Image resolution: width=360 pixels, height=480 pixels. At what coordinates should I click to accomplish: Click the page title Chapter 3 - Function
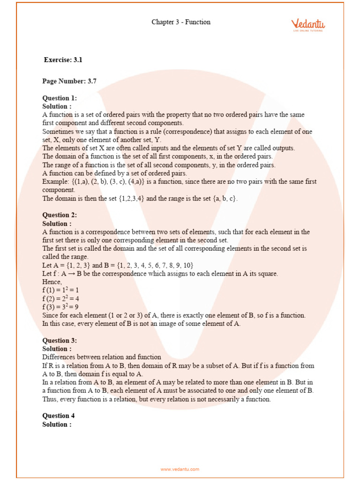(x=181, y=22)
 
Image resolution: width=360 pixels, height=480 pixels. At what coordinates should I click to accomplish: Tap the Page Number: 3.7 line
(x=69, y=81)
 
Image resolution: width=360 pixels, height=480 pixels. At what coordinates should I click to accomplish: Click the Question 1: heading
(x=60, y=98)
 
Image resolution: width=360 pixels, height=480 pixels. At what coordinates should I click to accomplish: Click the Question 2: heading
(x=60, y=215)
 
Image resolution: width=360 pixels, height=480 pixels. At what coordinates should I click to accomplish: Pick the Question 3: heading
(x=60, y=340)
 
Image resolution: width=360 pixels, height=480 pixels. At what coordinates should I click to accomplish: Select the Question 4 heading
(x=59, y=416)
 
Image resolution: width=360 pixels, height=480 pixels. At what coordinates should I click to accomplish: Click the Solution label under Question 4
(x=57, y=424)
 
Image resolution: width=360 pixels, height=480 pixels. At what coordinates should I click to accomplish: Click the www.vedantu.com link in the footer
(x=180, y=469)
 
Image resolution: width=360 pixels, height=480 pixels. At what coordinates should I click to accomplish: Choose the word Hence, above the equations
(x=52, y=282)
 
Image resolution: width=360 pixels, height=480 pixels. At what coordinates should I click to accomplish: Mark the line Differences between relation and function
(x=102, y=357)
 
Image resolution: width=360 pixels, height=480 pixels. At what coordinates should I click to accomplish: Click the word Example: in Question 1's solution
(x=56, y=181)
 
